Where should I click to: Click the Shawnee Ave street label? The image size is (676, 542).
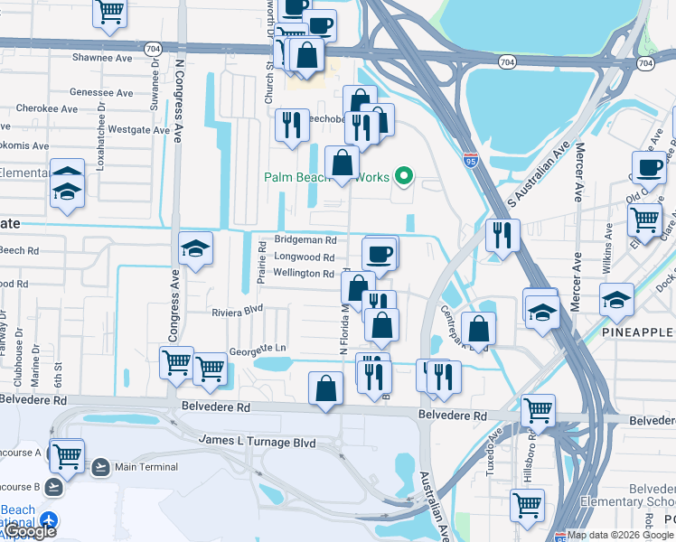coord(101,58)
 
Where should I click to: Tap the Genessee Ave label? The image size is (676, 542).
coord(101,93)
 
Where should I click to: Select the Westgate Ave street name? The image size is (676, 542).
coord(138,130)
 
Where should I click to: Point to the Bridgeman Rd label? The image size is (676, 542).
coord(305,241)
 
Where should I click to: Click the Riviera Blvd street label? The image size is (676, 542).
coord(236,312)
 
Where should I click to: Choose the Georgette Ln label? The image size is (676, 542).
coord(258,349)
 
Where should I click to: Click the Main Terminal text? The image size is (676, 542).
coord(146,467)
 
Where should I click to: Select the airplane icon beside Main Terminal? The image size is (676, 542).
coord(100,467)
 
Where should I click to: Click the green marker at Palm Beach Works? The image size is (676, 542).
coord(405,176)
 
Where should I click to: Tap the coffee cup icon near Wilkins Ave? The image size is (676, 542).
coord(649,167)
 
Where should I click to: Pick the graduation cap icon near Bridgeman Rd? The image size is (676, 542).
coord(196,248)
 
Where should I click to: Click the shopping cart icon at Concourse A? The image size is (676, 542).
coord(67,456)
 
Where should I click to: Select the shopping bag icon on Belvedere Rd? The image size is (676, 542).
coord(326,388)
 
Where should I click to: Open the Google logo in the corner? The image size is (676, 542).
coord(30,532)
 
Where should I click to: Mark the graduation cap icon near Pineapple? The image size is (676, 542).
coord(616,299)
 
